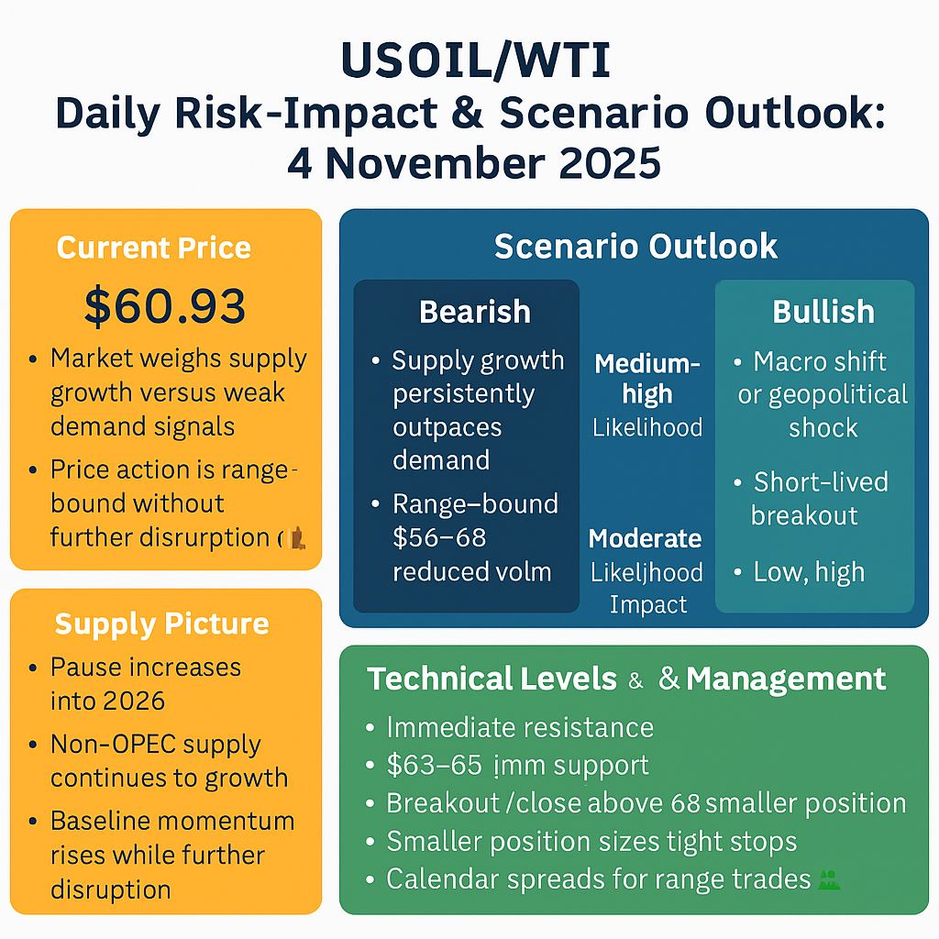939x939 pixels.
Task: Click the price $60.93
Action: click(165, 305)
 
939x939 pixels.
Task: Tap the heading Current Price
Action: click(153, 248)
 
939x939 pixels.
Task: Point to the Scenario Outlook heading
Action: click(635, 246)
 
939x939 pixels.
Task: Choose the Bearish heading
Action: click(474, 312)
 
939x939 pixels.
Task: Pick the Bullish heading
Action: click(823, 312)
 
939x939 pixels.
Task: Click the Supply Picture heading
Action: click(161, 624)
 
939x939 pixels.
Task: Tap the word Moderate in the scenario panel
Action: click(645, 538)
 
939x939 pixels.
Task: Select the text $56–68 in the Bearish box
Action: click(439, 537)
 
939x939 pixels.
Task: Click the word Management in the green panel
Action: click(786, 679)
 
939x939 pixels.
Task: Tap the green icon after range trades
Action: click(829, 879)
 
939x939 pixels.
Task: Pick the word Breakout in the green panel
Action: click(442, 803)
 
